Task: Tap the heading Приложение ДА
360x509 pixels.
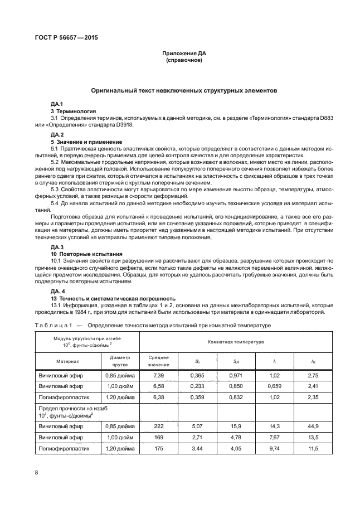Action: [184, 53]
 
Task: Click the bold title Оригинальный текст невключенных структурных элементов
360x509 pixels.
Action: [184, 90]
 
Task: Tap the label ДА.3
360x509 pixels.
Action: [57, 231]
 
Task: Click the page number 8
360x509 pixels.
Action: [37, 473]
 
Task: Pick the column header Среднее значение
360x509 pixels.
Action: [158, 360]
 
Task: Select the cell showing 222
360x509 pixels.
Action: [158, 425]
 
